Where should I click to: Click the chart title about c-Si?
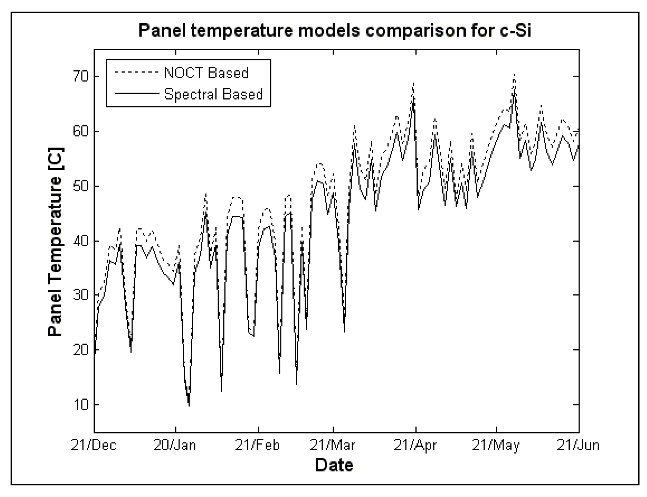(x=335, y=31)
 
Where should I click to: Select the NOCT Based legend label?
(x=206, y=73)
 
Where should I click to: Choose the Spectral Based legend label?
(x=214, y=94)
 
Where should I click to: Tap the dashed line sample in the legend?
(x=137, y=72)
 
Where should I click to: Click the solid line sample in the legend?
(x=137, y=93)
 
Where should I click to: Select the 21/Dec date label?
(x=94, y=445)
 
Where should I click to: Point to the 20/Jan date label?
(x=175, y=445)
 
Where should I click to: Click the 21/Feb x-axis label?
(x=258, y=445)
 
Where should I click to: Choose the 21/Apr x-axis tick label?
(x=415, y=445)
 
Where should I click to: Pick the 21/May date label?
(x=496, y=445)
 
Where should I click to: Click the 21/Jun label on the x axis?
(x=578, y=445)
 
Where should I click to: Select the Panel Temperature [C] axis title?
(x=55, y=242)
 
